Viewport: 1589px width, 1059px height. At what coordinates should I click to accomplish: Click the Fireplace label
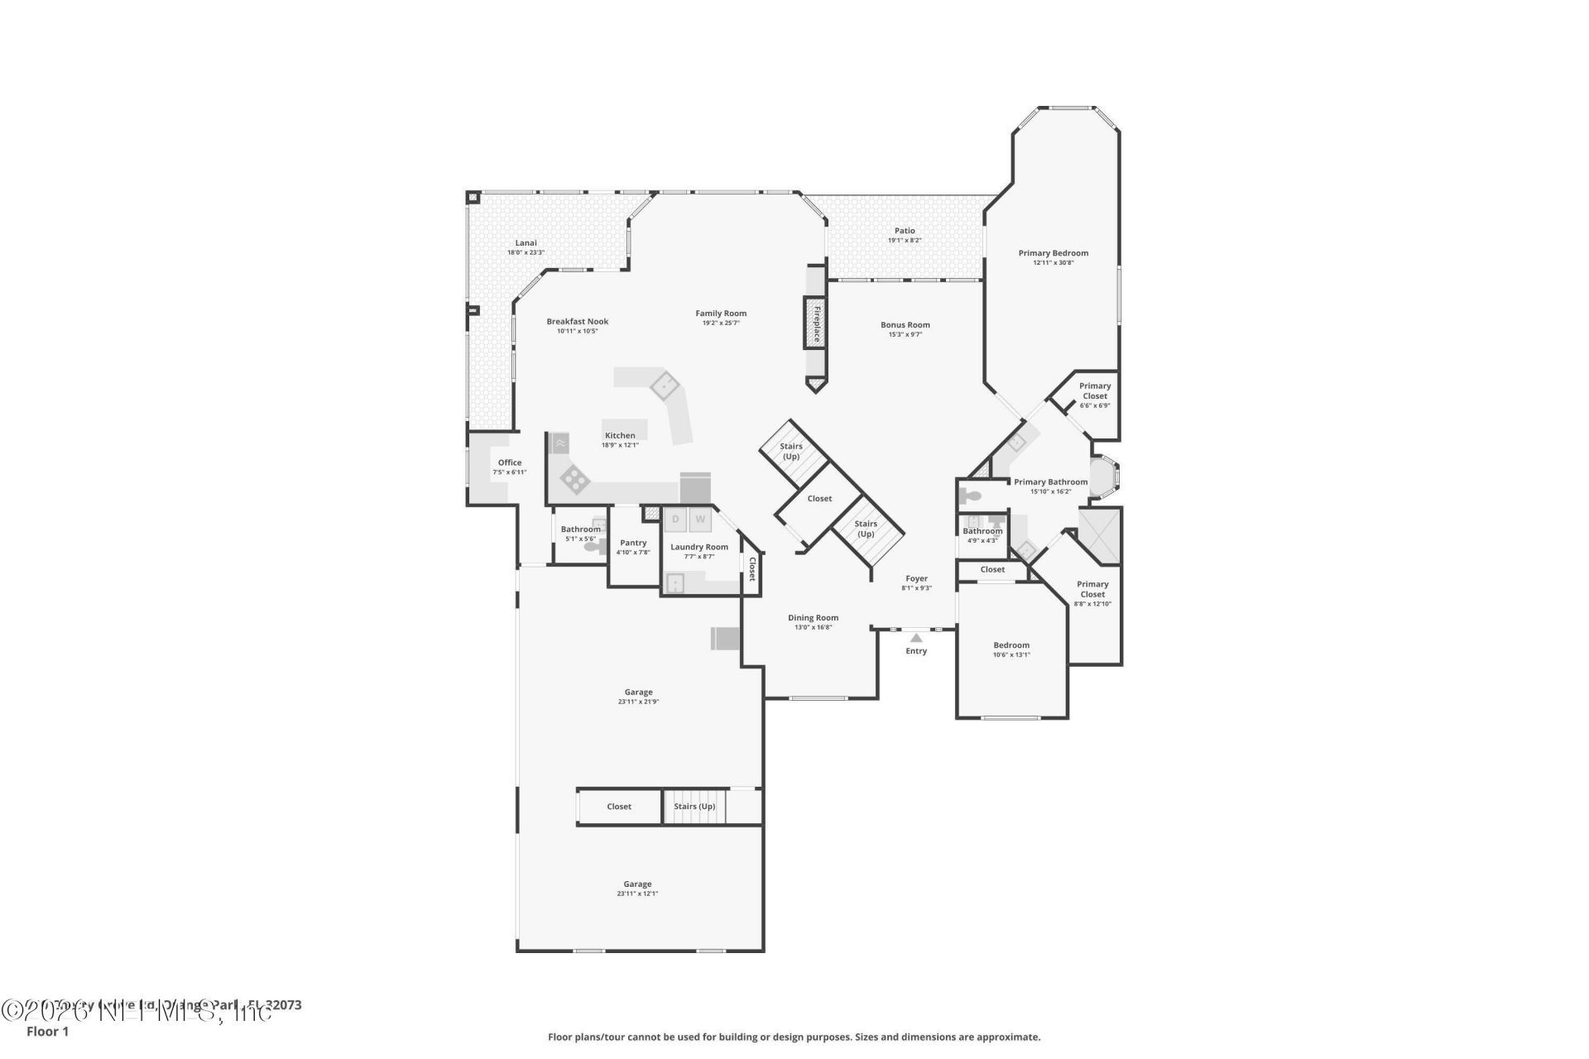(x=816, y=323)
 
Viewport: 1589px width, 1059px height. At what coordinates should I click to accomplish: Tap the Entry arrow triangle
(x=916, y=637)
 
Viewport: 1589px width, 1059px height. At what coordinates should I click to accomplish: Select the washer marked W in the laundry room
(x=700, y=520)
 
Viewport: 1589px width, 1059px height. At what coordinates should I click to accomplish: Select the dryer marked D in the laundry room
(x=675, y=520)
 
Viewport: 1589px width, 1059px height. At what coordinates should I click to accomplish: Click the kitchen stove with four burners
(x=574, y=479)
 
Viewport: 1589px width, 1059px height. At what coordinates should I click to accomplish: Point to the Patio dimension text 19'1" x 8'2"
(x=905, y=241)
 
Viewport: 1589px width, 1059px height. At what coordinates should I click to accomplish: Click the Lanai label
(x=526, y=242)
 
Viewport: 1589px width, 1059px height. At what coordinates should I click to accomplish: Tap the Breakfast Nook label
(x=577, y=322)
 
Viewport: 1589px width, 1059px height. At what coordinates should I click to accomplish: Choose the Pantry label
(x=633, y=543)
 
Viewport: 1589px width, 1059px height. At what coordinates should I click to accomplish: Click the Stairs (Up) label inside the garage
(x=694, y=807)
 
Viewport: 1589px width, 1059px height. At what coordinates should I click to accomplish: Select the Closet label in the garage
(x=619, y=807)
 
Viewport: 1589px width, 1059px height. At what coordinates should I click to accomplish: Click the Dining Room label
(x=813, y=617)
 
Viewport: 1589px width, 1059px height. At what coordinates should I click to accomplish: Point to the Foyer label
(x=916, y=578)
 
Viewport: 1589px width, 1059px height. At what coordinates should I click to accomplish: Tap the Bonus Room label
(x=905, y=325)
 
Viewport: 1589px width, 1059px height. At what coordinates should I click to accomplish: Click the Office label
(x=510, y=462)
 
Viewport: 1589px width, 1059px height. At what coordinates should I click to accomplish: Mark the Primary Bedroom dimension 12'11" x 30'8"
(x=1053, y=263)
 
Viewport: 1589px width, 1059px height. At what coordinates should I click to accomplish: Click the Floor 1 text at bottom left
(x=47, y=1032)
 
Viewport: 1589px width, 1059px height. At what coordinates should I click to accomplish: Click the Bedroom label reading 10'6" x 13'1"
(x=1011, y=645)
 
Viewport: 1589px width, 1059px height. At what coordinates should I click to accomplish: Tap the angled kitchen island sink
(x=664, y=386)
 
